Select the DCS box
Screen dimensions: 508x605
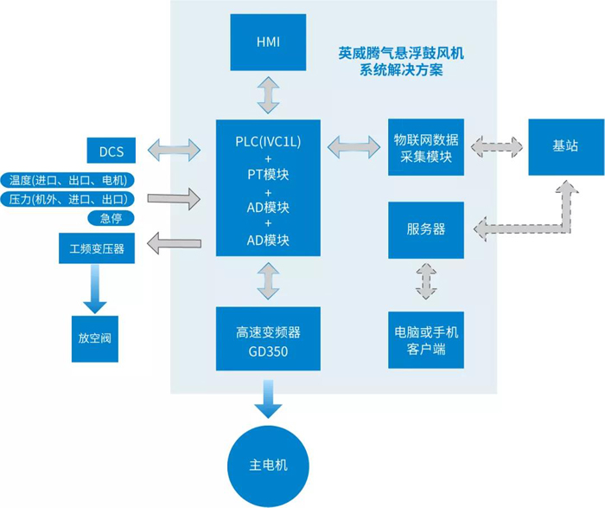[111, 152]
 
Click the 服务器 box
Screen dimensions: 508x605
[426, 229]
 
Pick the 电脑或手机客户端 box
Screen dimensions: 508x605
[426, 339]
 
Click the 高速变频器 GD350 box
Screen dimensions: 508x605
[268, 340]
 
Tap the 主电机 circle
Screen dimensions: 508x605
[269, 465]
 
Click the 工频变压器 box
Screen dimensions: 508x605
[98, 249]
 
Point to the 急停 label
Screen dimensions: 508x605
[111, 218]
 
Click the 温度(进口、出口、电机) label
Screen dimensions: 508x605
[68, 180]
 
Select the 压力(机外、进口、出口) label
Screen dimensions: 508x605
[68, 200]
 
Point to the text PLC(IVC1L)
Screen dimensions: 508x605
[268, 141]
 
